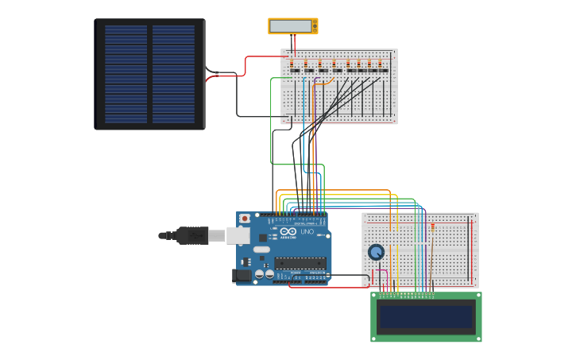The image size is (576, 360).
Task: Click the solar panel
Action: (x=150, y=74)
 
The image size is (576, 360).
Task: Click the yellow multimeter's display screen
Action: (x=290, y=26)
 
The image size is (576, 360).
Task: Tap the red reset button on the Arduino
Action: (x=245, y=218)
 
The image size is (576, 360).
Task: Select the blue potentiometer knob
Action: (x=376, y=252)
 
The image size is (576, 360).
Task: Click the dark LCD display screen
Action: (x=426, y=316)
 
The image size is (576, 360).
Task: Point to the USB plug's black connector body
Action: (x=191, y=235)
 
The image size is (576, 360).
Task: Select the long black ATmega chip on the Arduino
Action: (x=300, y=262)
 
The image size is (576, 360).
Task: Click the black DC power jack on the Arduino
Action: (x=240, y=276)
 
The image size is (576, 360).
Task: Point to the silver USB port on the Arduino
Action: (x=238, y=235)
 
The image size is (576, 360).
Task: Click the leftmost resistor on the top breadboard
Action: (x=292, y=64)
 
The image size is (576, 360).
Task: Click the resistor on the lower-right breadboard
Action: (x=432, y=226)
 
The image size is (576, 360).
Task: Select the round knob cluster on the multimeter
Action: (x=315, y=26)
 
